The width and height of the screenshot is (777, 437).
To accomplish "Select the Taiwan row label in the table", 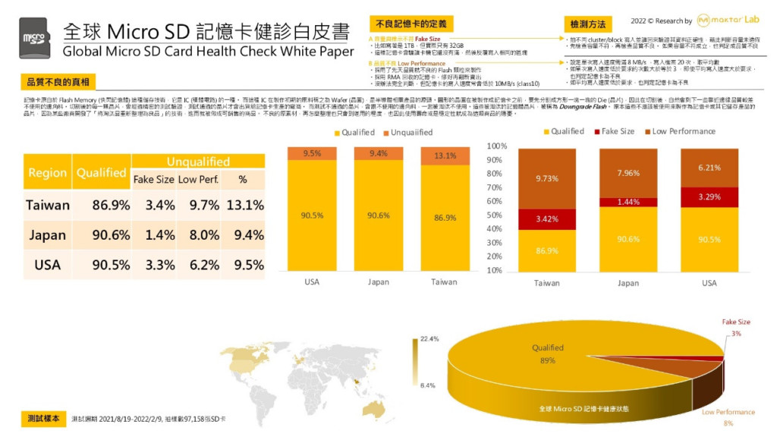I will tap(48, 205).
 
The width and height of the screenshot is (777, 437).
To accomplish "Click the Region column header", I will tap(48, 172).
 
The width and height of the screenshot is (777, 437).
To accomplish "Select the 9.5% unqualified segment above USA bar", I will tap(312, 153).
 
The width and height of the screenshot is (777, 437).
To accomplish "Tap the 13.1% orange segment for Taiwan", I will tap(445, 156).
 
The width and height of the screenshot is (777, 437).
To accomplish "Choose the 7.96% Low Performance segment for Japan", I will tap(628, 173).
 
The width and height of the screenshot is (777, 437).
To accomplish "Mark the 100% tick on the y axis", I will tap(496, 146).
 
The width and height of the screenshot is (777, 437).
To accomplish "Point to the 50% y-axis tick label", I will tap(498, 215).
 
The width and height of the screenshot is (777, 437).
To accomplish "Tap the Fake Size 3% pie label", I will tap(737, 327).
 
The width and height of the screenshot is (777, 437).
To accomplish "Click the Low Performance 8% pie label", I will tap(728, 417).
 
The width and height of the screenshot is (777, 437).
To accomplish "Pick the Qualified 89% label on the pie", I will tap(547, 354).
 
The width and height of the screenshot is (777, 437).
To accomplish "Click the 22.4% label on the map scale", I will tap(429, 338).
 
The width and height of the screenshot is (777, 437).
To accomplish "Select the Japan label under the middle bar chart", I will tap(378, 282).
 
